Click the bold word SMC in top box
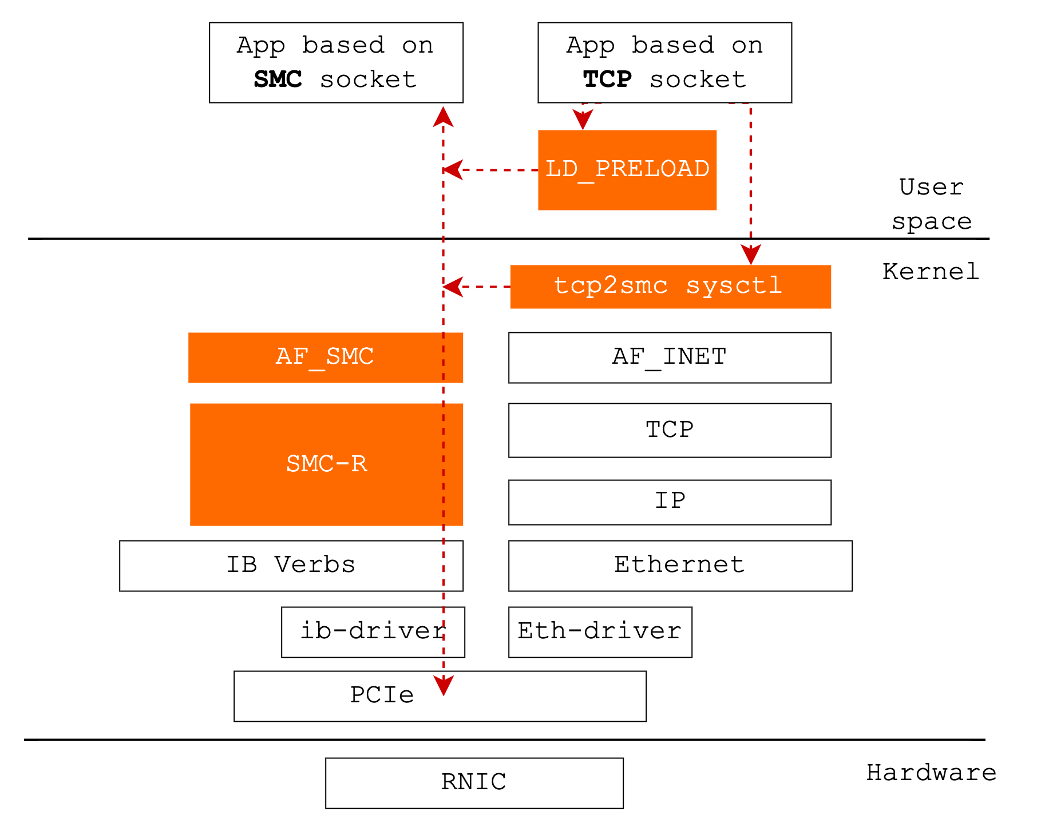coord(278,79)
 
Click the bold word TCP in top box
coord(607,79)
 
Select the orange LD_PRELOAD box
coord(627,170)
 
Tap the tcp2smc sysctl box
coord(670,287)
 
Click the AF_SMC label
coord(325,357)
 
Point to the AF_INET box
coord(670,357)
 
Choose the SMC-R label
coord(326,464)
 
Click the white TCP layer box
coord(670,430)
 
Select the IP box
coord(670,502)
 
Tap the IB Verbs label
coord(291,565)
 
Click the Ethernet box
coord(680,565)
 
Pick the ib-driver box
coord(373,631)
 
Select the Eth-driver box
coord(600,631)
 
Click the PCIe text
coord(382,695)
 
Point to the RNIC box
coord(474,782)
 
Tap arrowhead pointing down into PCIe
coord(444,685)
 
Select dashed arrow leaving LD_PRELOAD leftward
coord(492,170)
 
